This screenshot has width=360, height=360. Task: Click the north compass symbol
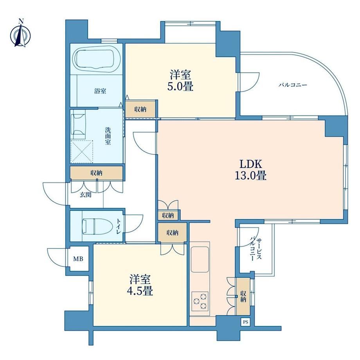tap(20, 34)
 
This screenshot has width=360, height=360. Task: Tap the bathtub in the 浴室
tap(96, 59)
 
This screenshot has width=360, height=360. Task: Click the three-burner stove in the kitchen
tap(200, 301)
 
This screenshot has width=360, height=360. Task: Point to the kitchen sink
tap(200, 259)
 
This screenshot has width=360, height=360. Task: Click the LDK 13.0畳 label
tap(251, 170)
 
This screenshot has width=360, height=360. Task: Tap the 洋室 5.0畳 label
tap(180, 81)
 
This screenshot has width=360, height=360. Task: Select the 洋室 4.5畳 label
tap(140, 285)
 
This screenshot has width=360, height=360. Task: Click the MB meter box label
tap(78, 259)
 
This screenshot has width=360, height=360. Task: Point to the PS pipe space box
tap(245, 322)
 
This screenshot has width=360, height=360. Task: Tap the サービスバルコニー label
tap(256, 249)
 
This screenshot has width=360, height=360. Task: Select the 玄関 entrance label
tap(85, 195)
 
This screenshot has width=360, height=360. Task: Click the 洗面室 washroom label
tap(108, 136)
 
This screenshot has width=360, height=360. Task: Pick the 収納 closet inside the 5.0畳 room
tap(140, 110)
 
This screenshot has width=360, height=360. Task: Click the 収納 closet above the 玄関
tap(96, 173)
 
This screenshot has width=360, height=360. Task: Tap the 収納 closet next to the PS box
tap(243, 296)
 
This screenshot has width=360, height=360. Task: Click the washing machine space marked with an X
tap(82, 151)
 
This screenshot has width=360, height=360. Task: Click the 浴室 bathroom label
tap(100, 91)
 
